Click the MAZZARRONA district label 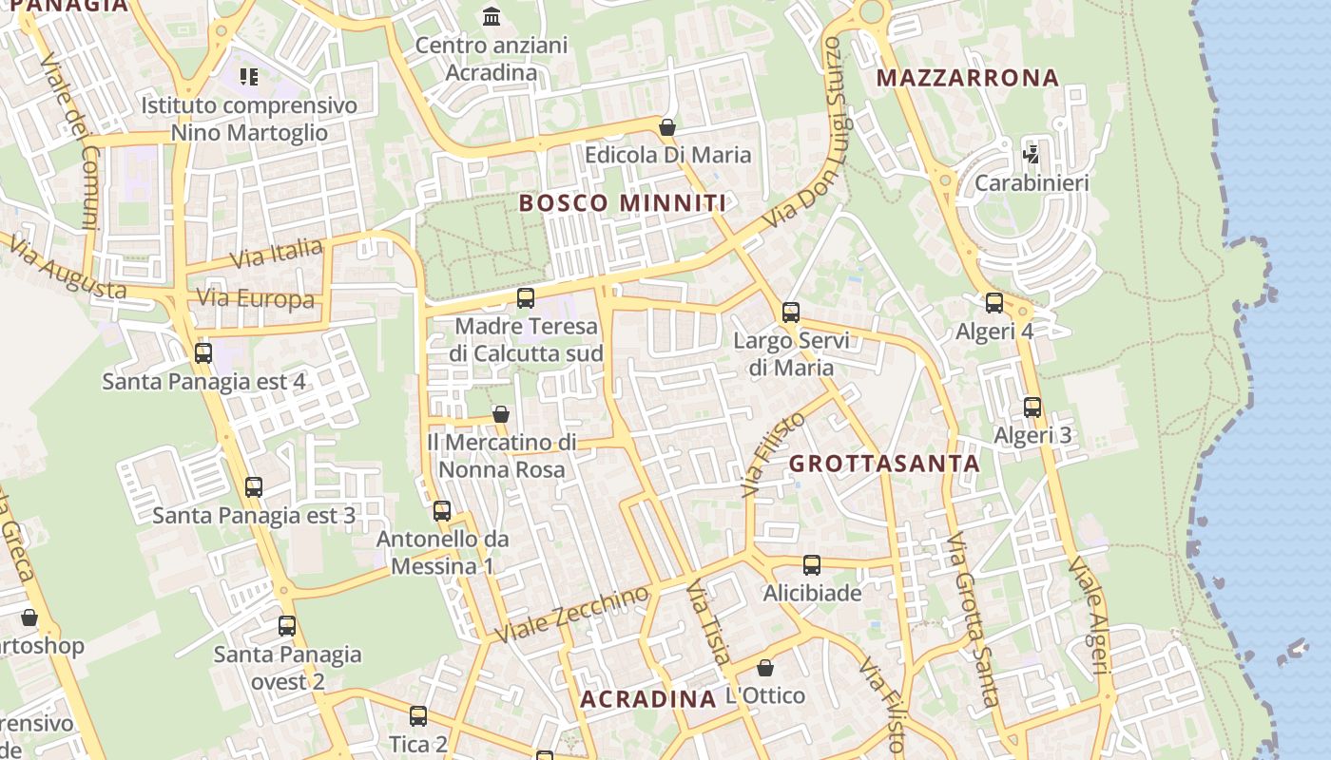pyautogui.click(x=967, y=78)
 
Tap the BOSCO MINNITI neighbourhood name pyautogui.click(x=623, y=202)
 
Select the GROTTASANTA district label pyautogui.click(x=884, y=464)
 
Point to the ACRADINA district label pyautogui.click(x=648, y=700)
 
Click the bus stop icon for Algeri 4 pyautogui.click(x=994, y=303)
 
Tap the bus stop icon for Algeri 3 pyautogui.click(x=1032, y=408)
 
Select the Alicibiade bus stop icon pyautogui.click(x=812, y=565)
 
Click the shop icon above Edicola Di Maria pyautogui.click(x=667, y=126)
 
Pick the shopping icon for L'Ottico pyautogui.click(x=765, y=668)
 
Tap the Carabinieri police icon pyautogui.click(x=1032, y=154)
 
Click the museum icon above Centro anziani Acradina pyautogui.click(x=492, y=16)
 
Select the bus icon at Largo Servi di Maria pyautogui.click(x=791, y=312)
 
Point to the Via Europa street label pyautogui.click(x=255, y=299)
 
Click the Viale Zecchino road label pyautogui.click(x=575, y=614)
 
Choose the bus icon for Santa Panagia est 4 pyautogui.click(x=203, y=353)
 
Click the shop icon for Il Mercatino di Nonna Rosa pyautogui.click(x=501, y=414)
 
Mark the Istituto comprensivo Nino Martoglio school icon pyautogui.click(x=249, y=76)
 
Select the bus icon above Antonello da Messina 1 pyautogui.click(x=442, y=510)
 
